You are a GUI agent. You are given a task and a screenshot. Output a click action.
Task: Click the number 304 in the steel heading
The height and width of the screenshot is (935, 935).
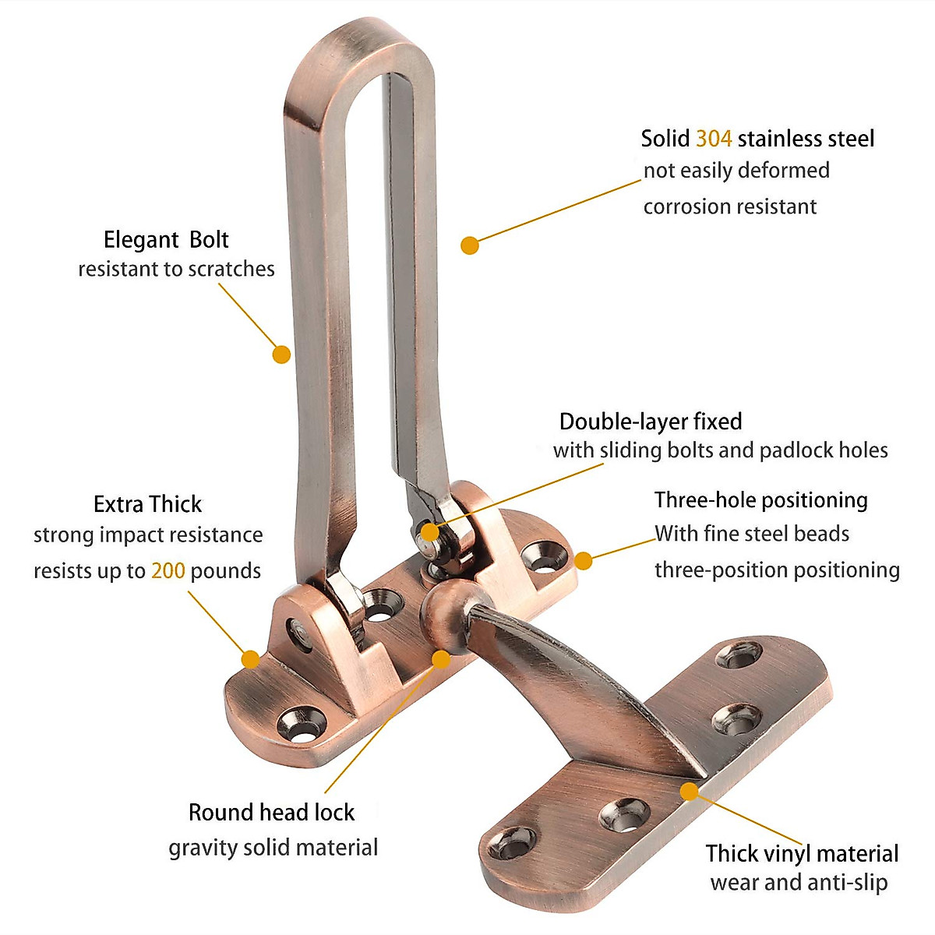pyautogui.click(x=713, y=139)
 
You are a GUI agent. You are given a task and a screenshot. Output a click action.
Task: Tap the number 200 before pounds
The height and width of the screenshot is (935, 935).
pyautogui.click(x=168, y=570)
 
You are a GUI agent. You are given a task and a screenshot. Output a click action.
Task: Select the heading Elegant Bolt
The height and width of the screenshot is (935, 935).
pyautogui.click(x=166, y=239)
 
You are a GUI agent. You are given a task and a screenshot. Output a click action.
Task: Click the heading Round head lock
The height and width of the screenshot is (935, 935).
pyautogui.click(x=271, y=812)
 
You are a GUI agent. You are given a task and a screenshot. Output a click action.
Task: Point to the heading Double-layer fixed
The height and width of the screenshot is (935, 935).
pyautogui.click(x=650, y=422)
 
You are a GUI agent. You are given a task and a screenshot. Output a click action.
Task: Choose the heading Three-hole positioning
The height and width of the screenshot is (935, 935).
pyautogui.click(x=760, y=499)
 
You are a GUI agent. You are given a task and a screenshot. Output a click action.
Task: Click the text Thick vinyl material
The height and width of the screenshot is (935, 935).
pyautogui.click(x=802, y=853)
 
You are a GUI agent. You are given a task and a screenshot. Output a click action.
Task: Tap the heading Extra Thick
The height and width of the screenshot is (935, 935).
pyautogui.click(x=147, y=504)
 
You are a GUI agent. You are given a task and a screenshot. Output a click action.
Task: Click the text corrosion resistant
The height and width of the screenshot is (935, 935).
pyautogui.click(x=729, y=206)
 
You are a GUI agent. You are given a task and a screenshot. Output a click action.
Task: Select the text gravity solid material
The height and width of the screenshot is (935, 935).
pyautogui.click(x=273, y=847)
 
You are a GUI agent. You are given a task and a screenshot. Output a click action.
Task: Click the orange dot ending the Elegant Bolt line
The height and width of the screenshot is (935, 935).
pyautogui.click(x=281, y=355)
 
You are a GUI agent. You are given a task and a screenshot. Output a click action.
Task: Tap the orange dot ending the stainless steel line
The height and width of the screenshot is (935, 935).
pyautogui.click(x=469, y=245)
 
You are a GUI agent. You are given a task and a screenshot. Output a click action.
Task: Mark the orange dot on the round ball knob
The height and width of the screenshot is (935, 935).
pyautogui.click(x=441, y=659)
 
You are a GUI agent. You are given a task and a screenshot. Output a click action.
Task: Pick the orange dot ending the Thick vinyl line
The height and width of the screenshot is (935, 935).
pyautogui.click(x=689, y=792)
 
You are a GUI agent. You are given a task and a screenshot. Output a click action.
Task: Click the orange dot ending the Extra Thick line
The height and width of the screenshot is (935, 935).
pyautogui.click(x=250, y=659)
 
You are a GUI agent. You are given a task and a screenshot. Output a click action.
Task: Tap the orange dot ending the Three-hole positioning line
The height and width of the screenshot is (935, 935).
pyautogui.click(x=583, y=560)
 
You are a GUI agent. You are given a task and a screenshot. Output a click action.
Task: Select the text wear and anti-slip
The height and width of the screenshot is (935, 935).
pyautogui.click(x=799, y=883)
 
